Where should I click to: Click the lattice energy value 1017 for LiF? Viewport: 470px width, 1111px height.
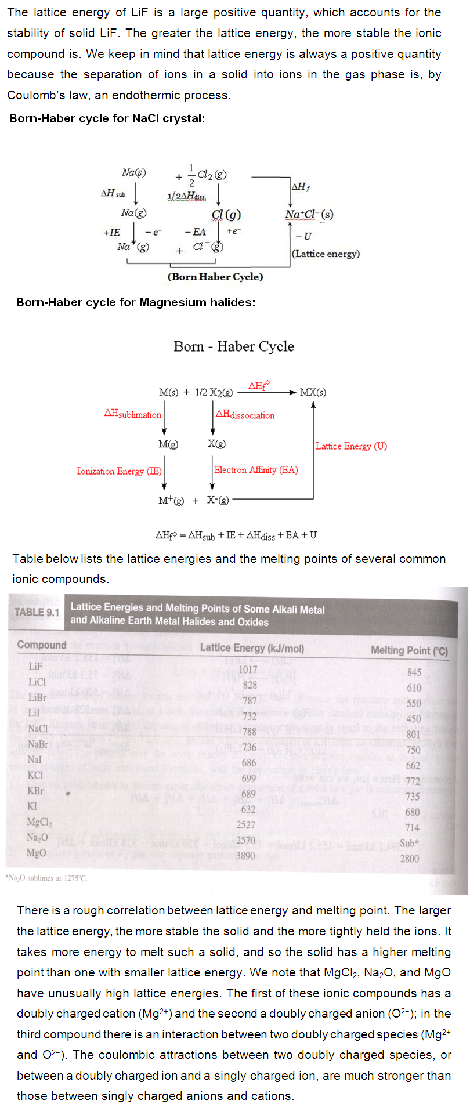click(248, 670)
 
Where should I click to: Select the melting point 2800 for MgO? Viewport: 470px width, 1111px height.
click(409, 858)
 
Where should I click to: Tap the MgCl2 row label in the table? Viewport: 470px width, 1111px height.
click(39, 822)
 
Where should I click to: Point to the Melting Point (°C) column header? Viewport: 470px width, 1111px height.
click(409, 650)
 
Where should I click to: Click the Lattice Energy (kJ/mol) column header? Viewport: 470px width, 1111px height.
click(252, 648)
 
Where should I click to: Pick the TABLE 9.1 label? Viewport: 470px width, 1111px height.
click(37, 612)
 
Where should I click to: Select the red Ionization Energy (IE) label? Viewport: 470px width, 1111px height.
click(119, 471)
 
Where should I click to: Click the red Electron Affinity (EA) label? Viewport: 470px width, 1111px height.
click(256, 470)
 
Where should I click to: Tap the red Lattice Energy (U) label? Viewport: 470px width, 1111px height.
click(351, 446)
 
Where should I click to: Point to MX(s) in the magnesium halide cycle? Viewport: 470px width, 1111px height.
click(313, 392)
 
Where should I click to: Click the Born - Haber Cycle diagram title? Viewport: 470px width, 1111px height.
click(234, 346)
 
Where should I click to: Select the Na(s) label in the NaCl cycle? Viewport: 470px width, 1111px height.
click(134, 172)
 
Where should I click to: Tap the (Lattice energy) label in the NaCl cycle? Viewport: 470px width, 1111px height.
click(326, 254)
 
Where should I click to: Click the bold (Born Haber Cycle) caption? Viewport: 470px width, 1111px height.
click(215, 277)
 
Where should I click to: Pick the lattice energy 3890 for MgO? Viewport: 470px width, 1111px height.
click(245, 855)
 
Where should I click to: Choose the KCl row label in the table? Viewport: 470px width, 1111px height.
click(36, 775)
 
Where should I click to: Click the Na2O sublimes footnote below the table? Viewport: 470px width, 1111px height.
click(46, 878)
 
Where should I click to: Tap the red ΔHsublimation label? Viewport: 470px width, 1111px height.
click(132, 414)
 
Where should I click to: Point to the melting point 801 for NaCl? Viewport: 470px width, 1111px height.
click(413, 734)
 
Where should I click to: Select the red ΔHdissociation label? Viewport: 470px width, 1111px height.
click(245, 415)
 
